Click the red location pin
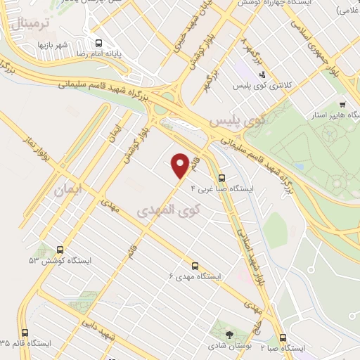click(x=181, y=165)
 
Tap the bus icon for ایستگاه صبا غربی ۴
click(x=222, y=179)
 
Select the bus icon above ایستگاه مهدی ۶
click(x=195, y=266)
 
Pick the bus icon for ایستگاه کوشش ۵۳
click(x=60, y=250)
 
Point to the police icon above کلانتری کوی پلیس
click(x=262, y=75)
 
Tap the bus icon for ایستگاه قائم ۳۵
click(x=26, y=333)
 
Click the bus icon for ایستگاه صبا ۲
click(x=283, y=337)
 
